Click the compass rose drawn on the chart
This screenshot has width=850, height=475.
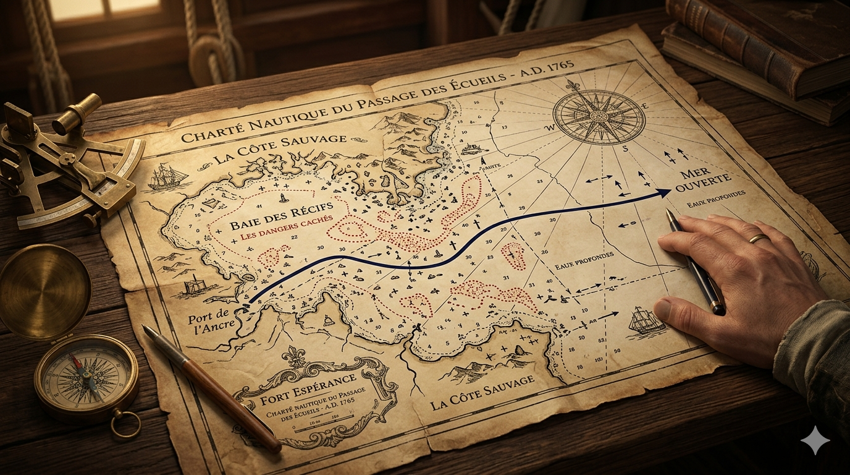[x=599, y=117]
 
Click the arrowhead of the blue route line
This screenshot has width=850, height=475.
[x=665, y=193]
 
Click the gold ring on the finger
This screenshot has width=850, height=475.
[x=759, y=238]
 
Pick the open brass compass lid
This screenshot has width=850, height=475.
[x=43, y=291]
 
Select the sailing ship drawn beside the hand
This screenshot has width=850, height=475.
[x=646, y=321]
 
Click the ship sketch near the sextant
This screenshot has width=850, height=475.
[x=167, y=177]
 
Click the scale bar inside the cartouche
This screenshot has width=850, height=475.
[x=315, y=422]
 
